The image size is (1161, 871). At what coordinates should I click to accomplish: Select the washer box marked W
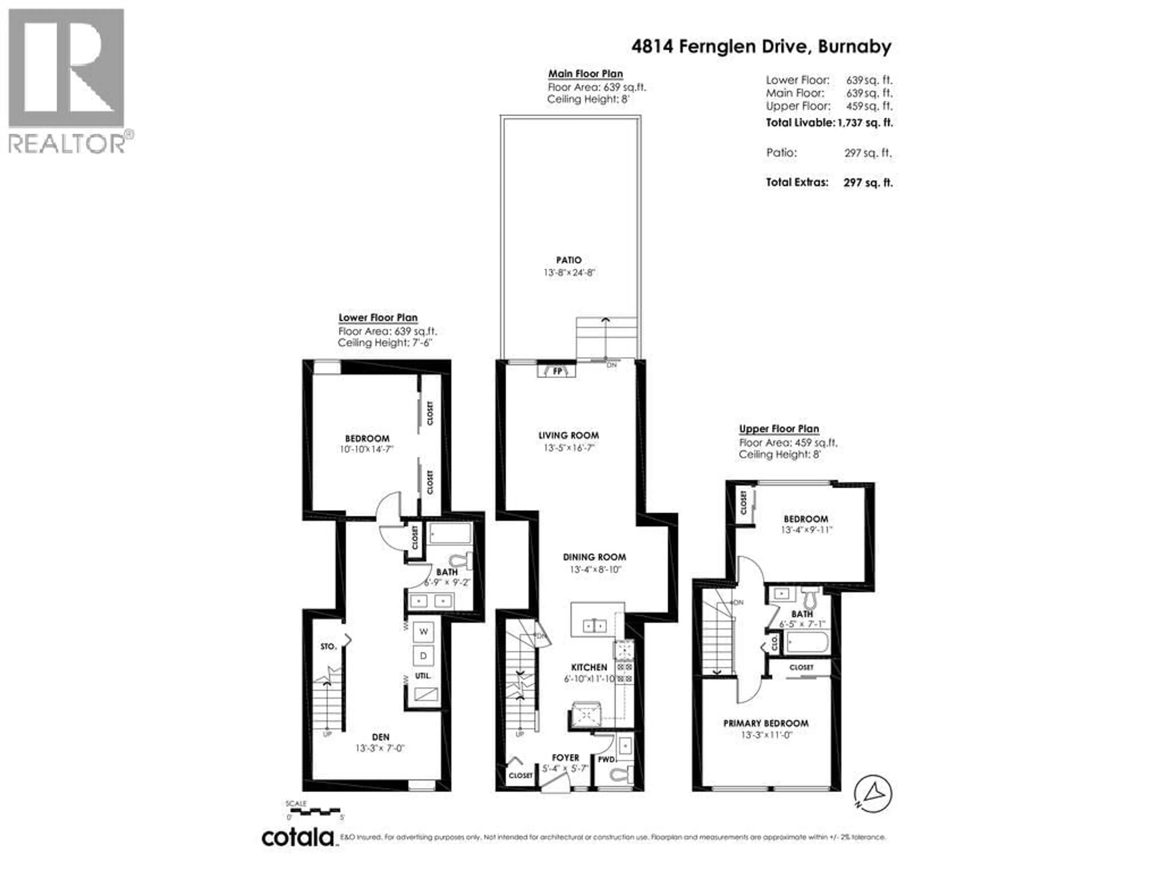[x=423, y=631]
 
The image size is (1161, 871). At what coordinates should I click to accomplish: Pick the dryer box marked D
[x=423, y=655]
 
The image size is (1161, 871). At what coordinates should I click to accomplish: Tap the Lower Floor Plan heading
[x=378, y=318]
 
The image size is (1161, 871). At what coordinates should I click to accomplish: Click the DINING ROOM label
[x=594, y=557]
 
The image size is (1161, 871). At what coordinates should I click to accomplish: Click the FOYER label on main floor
[x=565, y=758]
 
